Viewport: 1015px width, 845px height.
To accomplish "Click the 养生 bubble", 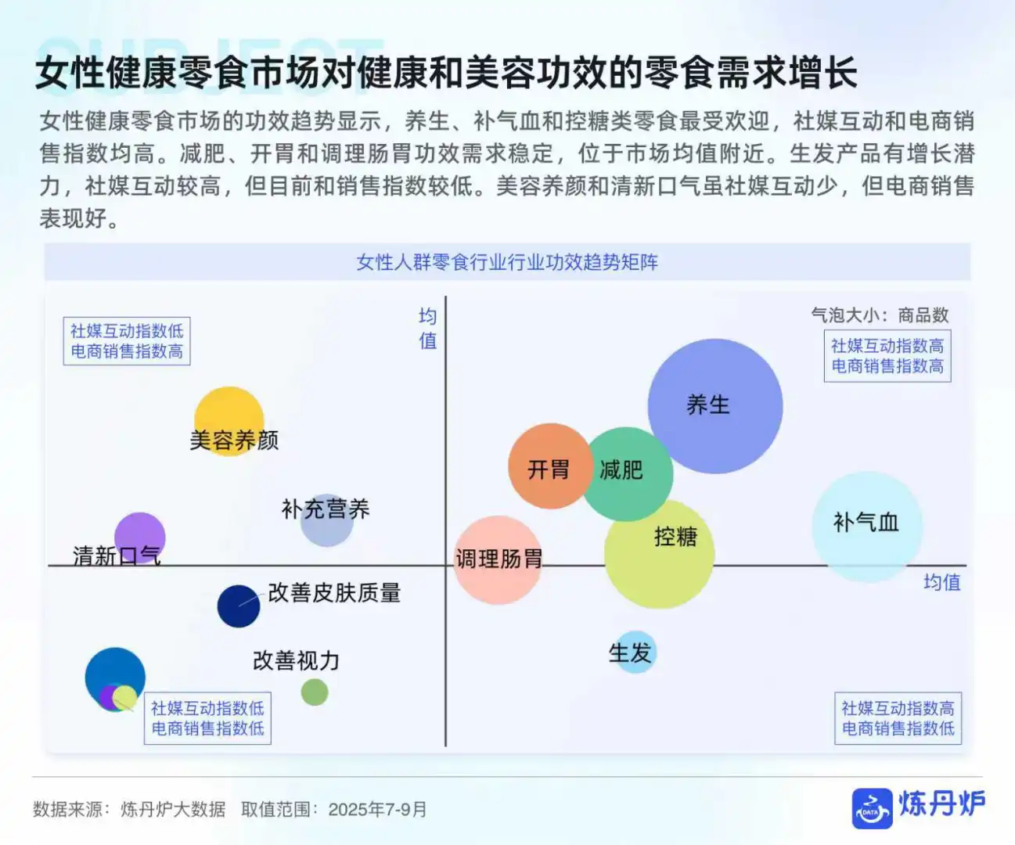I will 714,406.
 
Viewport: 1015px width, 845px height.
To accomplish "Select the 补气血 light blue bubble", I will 866,526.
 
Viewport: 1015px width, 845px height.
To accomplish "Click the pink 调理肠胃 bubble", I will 497,560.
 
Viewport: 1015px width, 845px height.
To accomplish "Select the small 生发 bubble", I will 632,653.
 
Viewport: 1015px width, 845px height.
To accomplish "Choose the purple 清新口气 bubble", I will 139,537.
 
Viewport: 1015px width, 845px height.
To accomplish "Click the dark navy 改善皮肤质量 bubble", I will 239,606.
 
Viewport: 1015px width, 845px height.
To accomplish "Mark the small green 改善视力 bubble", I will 315,692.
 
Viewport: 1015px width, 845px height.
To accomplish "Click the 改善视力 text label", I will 296,661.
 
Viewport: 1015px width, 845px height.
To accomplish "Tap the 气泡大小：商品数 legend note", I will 880,315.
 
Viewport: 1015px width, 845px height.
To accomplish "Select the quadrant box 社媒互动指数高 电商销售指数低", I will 898,718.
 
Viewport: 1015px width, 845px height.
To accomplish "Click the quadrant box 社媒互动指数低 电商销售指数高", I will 127,341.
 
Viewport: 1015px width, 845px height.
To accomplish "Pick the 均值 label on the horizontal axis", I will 941,582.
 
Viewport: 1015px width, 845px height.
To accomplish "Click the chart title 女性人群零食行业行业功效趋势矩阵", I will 507,262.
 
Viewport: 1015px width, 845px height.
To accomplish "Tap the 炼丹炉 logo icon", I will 872,807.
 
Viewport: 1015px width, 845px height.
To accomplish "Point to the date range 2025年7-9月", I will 377,809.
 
